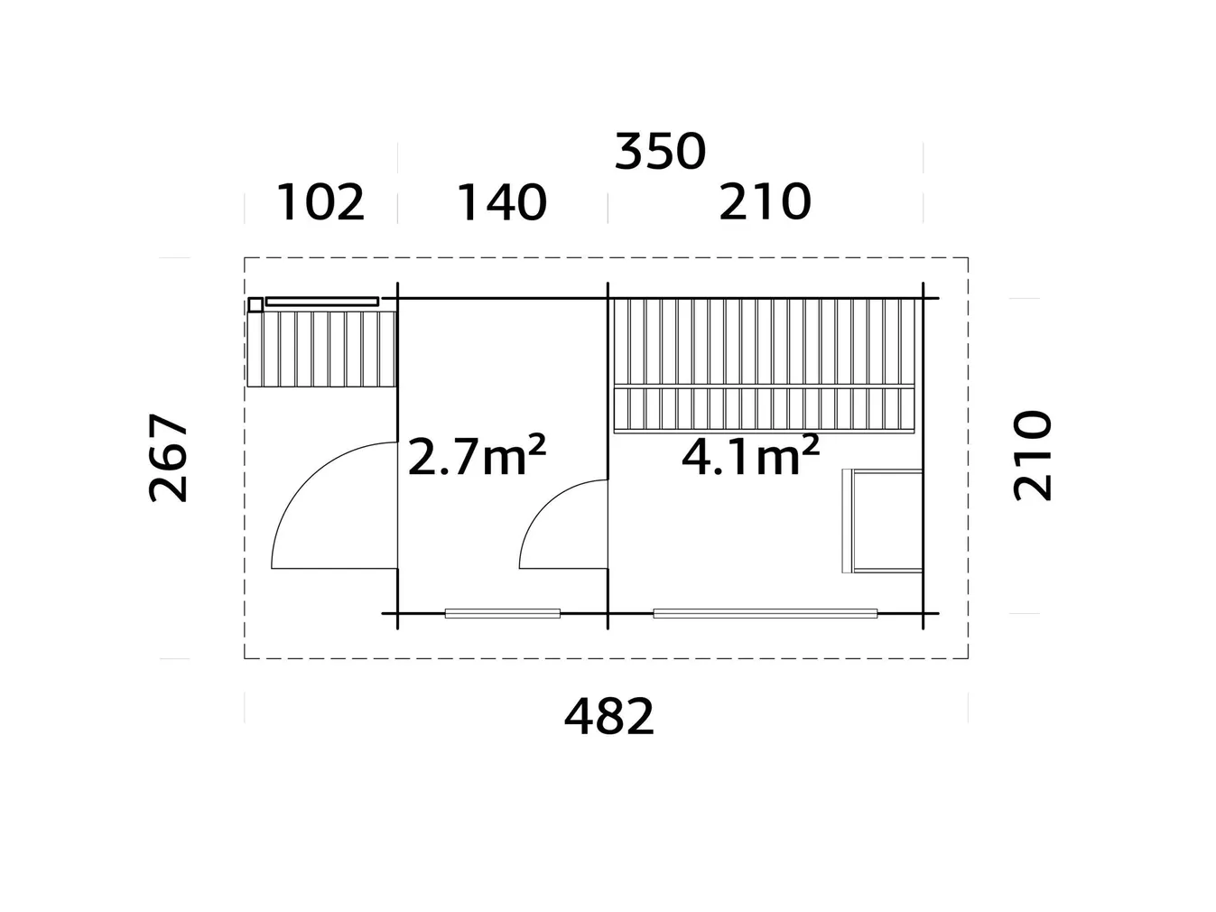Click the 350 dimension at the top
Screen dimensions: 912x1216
(x=659, y=151)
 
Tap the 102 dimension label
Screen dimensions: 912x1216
(x=320, y=202)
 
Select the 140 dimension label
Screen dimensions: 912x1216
(x=502, y=202)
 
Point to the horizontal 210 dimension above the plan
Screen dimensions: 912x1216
(x=765, y=202)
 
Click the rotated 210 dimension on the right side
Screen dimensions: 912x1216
(x=1033, y=455)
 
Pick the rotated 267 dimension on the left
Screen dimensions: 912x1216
(x=169, y=458)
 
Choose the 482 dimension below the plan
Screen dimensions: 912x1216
(x=608, y=718)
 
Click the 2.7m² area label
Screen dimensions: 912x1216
(x=477, y=457)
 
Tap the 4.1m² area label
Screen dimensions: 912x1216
(x=750, y=457)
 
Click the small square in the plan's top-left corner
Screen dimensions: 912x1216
(x=255, y=305)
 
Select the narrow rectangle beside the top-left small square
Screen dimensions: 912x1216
(x=322, y=301)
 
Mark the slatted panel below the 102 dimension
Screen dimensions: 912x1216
(x=322, y=349)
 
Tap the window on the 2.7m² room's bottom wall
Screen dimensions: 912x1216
(x=502, y=614)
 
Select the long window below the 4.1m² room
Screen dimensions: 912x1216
(x=765, y=614)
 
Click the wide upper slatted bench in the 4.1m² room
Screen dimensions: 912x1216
(x=765, y=342)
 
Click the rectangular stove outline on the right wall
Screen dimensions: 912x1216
(x=883, y=521)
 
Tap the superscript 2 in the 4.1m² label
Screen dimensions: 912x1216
(x=811, y=444)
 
